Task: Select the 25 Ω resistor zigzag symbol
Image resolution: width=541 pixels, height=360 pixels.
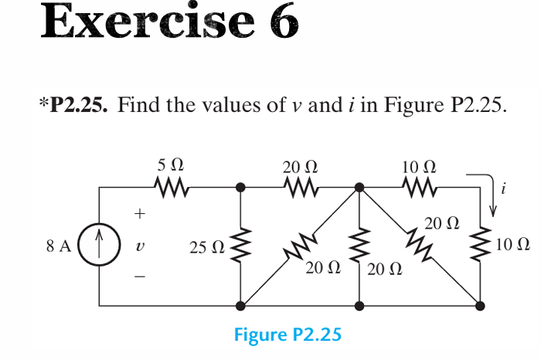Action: click(x=242, y=246)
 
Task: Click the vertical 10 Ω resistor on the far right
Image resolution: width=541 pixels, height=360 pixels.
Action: click(x=481, y=246)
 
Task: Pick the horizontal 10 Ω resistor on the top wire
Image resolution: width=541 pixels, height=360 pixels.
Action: click(x=420, y=186)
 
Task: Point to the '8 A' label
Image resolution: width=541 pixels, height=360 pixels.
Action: click(x=60, y=247)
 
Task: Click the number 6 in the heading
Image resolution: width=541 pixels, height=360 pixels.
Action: click(x=283, y=23)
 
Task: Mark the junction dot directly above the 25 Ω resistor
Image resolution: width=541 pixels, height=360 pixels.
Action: click(x=242, y=186)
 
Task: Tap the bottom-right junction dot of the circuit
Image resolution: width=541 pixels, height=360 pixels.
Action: click(x=481, y=306)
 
